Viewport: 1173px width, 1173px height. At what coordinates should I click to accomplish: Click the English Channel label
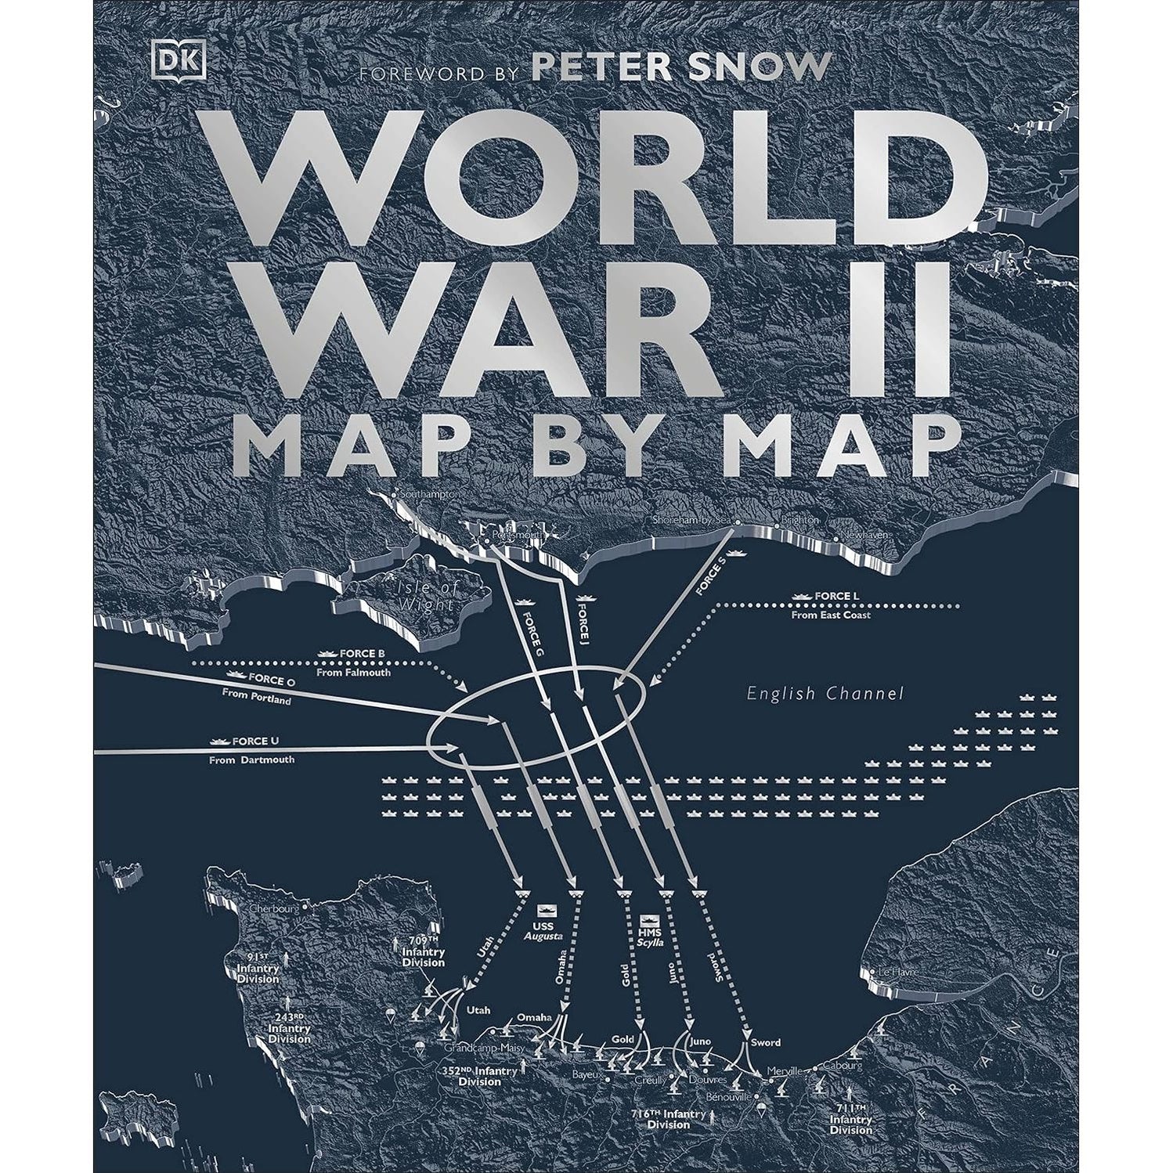point(825,694)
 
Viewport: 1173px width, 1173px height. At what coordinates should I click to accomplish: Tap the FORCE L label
point(836,597)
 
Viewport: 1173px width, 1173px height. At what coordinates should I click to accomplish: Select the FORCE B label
point(362,653)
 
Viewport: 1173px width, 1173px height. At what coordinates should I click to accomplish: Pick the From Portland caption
point(256,697)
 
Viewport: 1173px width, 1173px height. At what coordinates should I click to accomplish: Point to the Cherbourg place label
point(273,909)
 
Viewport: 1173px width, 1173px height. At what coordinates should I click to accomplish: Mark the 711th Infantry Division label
point(851,1118)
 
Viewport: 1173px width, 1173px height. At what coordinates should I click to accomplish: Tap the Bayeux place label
point(590,1074)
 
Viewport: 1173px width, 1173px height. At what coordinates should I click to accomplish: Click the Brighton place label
point(799,520)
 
